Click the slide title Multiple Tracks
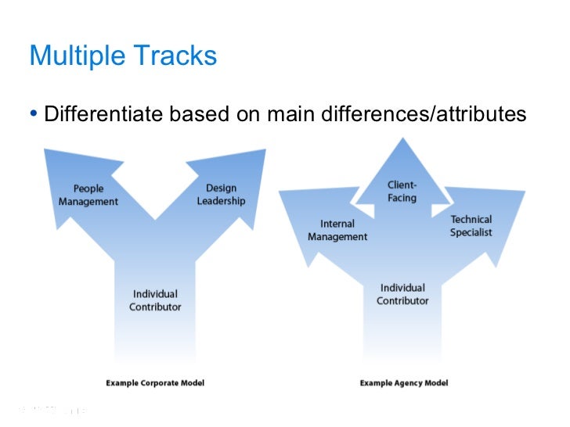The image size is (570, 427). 122,56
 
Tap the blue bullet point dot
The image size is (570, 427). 34,115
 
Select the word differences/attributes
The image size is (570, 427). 424,115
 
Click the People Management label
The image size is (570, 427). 88,195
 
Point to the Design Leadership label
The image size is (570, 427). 221,195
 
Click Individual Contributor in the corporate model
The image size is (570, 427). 155,300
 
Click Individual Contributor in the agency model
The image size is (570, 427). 402,294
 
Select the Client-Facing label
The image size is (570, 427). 402,192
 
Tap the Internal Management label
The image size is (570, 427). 337,231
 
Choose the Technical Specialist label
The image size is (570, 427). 471,226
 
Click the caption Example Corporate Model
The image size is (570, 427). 155,383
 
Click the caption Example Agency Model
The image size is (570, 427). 404,383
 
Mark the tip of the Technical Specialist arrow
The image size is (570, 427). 524,191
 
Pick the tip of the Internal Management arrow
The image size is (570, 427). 280,192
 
